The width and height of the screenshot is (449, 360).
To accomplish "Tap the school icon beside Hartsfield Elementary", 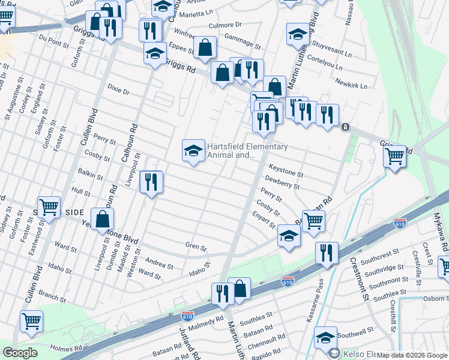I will click(193, 150).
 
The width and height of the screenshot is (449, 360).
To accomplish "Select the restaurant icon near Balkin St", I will click(151, 181).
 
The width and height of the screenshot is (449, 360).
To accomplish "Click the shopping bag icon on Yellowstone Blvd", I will click(103, 220).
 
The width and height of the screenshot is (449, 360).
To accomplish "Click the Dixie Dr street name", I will click(118, 92).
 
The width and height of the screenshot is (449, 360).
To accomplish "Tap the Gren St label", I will click(196, 247).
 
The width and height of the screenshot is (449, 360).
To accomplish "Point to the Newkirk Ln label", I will click(351, 86).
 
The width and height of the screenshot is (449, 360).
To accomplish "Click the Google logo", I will click(20, 353).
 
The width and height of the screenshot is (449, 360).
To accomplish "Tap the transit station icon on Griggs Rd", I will click(345, 127).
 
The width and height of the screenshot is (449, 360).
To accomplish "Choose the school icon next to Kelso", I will click(325, 338).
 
